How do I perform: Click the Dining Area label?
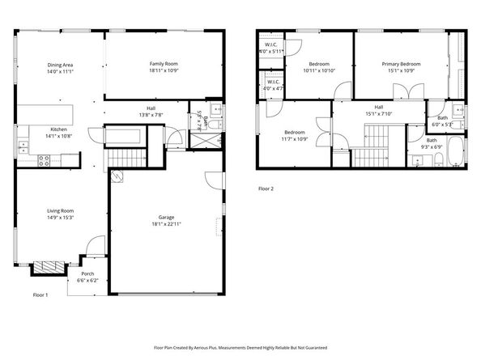(61, 65)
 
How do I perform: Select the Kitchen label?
(60, 129)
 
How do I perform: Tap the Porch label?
(87, 275)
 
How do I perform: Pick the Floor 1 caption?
(40, 294)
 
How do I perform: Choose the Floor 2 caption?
(266, 188)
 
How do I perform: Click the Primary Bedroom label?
(402, 64)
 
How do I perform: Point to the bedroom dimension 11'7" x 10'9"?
(295, 138)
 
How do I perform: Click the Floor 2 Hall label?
(378, 107)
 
